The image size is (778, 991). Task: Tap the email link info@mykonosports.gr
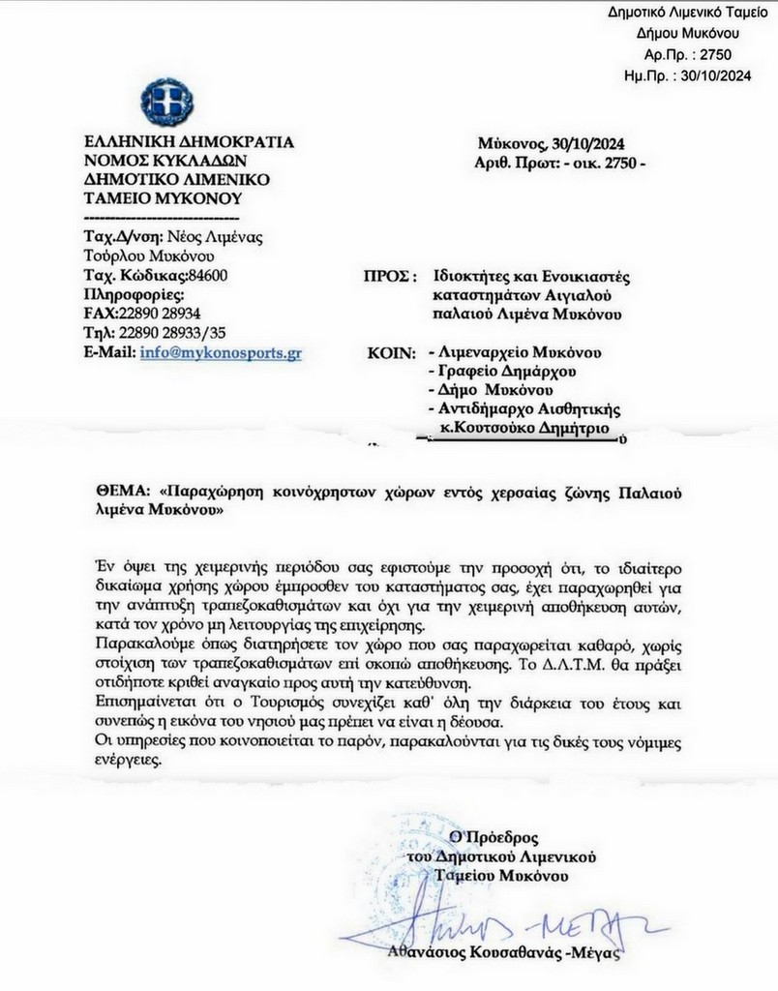[x=221, y=353]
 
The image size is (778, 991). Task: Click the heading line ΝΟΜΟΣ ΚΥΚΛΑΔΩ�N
[x=165, y=161]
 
